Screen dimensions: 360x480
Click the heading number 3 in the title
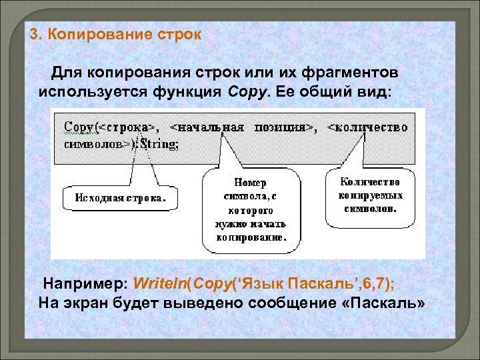35,34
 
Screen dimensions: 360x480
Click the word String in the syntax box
160,143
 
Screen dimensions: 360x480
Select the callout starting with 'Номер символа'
252,209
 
